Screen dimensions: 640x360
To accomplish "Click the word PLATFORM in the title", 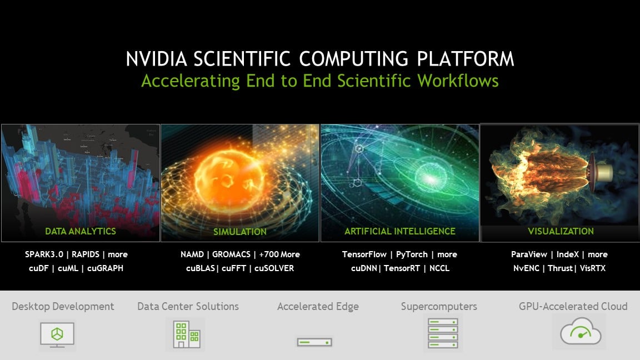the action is [x=466, y=59].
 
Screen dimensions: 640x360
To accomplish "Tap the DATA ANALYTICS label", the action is [x=81, y=231].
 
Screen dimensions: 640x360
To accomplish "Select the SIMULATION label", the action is [x=240, y=232].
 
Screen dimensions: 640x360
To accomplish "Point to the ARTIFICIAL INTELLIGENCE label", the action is [x=399, y=231].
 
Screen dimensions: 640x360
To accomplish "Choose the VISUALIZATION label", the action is [x=561, y=231].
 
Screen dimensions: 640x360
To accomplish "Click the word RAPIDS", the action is [x=86, y=254].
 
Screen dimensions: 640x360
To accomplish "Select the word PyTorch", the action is [x=412, y=254].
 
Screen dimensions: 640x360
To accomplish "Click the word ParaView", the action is [x=529, y=254].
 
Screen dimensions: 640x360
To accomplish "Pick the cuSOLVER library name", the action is [x=274, y=268].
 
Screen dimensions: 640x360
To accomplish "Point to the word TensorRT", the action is [x=402, y=268].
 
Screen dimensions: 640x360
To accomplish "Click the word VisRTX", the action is [x=593, y=268].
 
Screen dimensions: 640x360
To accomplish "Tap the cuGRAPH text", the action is [x=105, y=268].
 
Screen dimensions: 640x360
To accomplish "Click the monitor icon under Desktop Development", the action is [x=57, y=334].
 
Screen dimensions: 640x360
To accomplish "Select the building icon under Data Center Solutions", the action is [x=186, y=334].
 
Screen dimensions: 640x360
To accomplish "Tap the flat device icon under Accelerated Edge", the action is [x=314, y=342].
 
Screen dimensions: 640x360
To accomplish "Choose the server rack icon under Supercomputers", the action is [x=443, y=333].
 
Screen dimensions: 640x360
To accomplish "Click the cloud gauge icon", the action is [x=581, y=332].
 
